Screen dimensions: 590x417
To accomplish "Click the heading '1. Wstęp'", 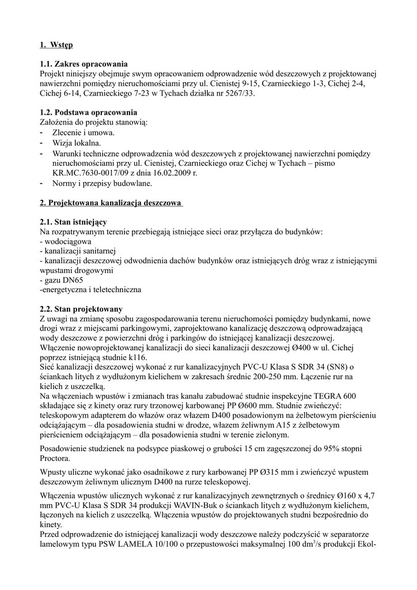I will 56,44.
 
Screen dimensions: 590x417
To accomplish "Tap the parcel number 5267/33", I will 238,92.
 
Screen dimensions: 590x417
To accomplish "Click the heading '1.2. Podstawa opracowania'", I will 88,112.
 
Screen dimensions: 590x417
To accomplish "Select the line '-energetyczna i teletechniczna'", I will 90,289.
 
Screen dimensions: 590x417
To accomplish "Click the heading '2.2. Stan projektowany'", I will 81,309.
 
